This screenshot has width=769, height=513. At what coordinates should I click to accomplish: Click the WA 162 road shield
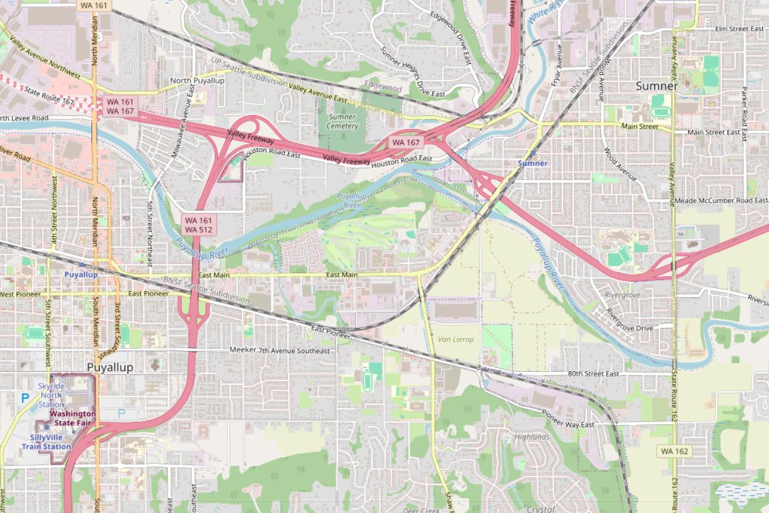pyautogui.click(x=674, y=451)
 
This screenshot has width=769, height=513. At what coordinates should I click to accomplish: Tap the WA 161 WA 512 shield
pyautogui.click(x=199, y=224)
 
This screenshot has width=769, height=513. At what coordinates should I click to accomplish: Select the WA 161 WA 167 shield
pyautogui.click(x=120, y=105)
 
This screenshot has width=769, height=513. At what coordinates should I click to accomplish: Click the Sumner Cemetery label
pyautogui.click(x=342, y=121)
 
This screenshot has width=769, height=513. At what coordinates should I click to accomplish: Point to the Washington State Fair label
pyautogui.click(x=72, y=418)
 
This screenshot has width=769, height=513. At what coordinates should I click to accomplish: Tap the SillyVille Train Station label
pyautogui.click(x=46, y=441)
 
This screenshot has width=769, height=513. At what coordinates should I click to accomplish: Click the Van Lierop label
pyautogui.click(x=456, y=339)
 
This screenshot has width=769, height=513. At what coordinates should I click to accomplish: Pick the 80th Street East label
pyautogui.click(x=593, y=374)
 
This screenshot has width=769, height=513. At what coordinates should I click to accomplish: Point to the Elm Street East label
pyautogui.click(x=739, y=29)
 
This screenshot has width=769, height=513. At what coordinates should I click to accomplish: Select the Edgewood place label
pyautogui.click(x=383, y=88)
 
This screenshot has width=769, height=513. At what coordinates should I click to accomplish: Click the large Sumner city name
pyautogui.click(x=657, y=86)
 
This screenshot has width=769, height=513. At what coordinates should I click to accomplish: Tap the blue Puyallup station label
pyautogui.click(x=81, y=274)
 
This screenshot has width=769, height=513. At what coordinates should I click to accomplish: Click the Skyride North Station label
pyautogui.click(x=51, y=395)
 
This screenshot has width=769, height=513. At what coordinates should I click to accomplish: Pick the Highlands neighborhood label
pyautogui.click(x=532, y=437)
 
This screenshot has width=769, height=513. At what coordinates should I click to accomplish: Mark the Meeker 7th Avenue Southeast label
pyautogui.click(x=279, y=350)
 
